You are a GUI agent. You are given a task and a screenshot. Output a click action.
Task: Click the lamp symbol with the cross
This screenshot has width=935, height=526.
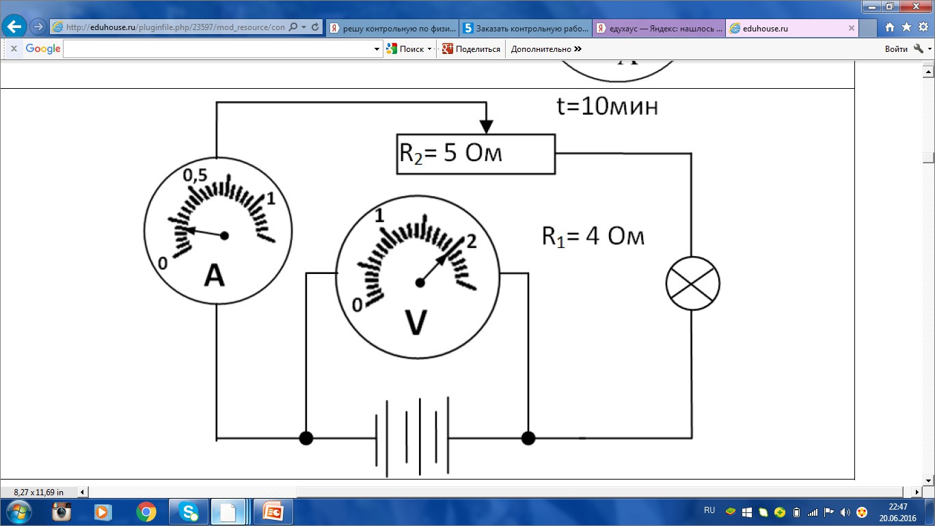(692, 283)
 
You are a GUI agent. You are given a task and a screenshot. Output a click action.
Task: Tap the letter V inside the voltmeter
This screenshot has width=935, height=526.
(416, 323)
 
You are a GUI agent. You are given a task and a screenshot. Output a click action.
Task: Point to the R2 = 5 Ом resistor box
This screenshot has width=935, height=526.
(476, 154)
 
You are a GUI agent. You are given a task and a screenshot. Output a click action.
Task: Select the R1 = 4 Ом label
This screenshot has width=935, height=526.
(593, 236)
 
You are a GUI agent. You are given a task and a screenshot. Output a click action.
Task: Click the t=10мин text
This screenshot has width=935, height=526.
(608, 107)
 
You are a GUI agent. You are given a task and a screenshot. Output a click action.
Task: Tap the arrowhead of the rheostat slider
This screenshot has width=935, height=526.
(486, 126)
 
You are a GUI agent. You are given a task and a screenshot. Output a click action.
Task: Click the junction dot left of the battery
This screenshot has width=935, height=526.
(306, 438)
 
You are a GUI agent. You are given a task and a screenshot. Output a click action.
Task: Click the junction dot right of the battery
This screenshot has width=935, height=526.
(528, 438)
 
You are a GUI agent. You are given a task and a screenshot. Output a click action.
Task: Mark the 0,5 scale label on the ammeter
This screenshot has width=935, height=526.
(195, 175)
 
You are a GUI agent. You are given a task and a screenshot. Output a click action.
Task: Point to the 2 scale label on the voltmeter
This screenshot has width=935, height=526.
(471, 240)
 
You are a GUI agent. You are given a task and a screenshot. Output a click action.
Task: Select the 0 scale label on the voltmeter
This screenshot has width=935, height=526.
(357, 305)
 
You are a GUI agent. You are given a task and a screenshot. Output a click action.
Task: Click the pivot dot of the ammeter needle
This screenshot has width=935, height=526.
(224, 236)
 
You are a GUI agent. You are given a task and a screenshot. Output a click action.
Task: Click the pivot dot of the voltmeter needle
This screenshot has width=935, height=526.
(420, 283)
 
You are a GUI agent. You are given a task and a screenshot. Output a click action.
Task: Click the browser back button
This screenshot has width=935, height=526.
(14, 27)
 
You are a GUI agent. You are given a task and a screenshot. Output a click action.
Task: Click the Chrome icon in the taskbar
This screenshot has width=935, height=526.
(146, 512)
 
